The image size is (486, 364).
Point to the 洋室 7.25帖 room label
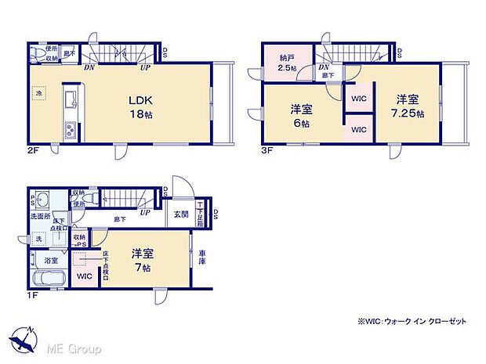click(x=408, y=106)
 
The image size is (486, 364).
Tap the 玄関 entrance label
click(x=180, y=214)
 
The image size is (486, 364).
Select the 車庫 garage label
click(x=202, y=258)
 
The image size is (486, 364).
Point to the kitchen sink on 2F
click(x=67, y=100)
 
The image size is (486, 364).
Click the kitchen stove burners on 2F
click(x=67, y=130)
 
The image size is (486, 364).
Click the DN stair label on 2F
click(x=91, y=67)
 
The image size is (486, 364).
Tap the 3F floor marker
click(x=266, y=150)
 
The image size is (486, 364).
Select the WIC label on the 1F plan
click(x=84, y=276)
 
